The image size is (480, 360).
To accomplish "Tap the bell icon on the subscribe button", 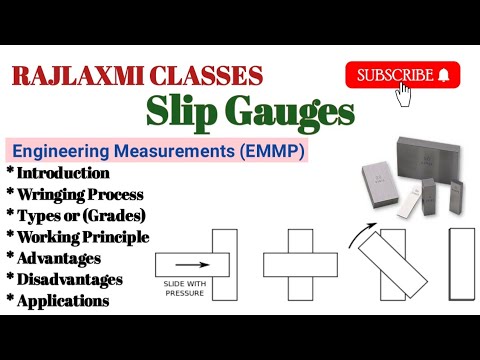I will tap(443, 75).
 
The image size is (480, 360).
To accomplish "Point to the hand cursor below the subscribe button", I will tap(405, 94).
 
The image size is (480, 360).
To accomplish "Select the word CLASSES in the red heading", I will tap(211, 75).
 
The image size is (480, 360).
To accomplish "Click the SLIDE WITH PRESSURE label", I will tap(183, 288).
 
